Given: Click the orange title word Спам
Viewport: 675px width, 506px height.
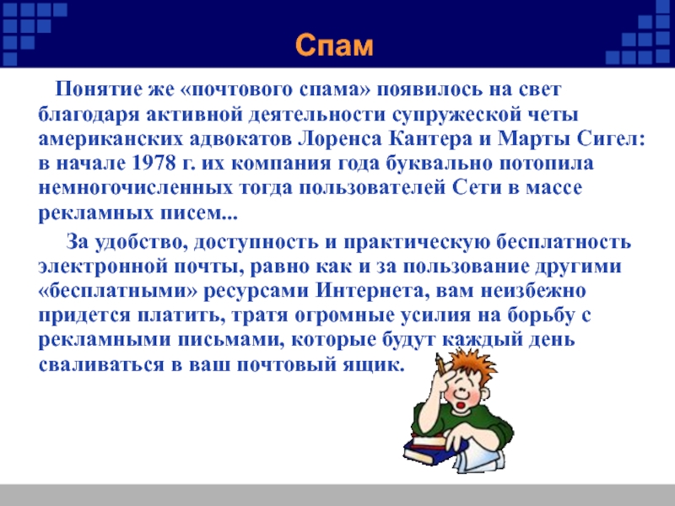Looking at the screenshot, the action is point(334,46).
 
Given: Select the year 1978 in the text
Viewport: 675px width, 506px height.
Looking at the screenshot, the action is point(154,164).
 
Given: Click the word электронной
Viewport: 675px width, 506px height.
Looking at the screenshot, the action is point(103,266).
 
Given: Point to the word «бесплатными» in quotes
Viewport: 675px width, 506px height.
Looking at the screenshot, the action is point(118,291).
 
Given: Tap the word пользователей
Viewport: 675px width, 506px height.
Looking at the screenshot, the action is point(372,188).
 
